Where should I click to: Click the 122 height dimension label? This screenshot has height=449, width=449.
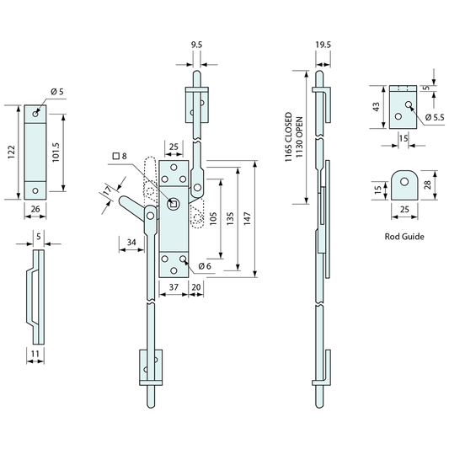point(11,152)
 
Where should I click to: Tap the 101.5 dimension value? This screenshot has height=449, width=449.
point(56,152)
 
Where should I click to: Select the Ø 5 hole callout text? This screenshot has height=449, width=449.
point(57,92)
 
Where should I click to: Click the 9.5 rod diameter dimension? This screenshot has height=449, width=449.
point(196,45)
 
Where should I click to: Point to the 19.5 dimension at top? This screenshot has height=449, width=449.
point(323,45)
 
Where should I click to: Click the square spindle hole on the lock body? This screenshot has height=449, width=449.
point(174,204)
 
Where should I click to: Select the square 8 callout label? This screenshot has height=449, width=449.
point(120,156)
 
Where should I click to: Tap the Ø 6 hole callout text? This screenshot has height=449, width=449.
point(205,266)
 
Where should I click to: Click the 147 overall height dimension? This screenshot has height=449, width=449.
point(247,218)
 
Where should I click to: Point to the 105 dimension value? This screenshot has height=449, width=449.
point(213,218)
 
